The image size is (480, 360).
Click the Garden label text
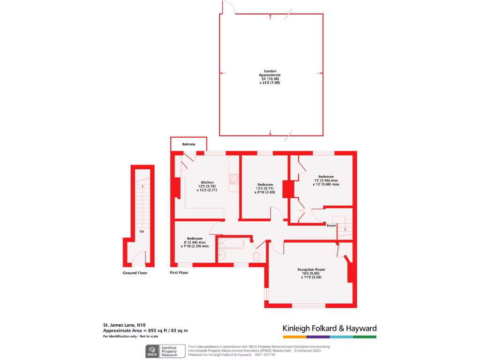pyautogui.click(x=270, y=71)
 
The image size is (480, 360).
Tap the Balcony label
pyautogui.click(x=188, y=144)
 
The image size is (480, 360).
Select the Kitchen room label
pyautogui.click(x=207, y=182)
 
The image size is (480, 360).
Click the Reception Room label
pyautogui.click(x=311, y=270)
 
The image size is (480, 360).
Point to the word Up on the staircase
pyautogui.click(x=142, y=232)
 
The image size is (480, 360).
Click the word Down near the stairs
pyautogui.click(x=331, y=225)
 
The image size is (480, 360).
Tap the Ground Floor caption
pyautogui.click(x=135, y=273)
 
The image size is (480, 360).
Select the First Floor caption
pyautogui.click(x=179, y=272)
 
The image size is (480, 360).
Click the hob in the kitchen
pyautogui.click(x=233, y=179)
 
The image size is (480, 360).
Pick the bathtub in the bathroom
pyautogui.click(x=230, y=244)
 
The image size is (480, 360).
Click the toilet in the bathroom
pyautogui.click(x=256, y=257)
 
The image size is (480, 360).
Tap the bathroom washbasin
pyautogui.click(x=222, y=255)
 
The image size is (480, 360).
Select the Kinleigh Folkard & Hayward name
pyautogui.click(x=329, y=328)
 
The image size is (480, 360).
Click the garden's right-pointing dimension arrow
pyautogui.click(x=320, y=73)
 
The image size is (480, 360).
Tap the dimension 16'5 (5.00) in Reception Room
pyautogui.click(x=311, y=274)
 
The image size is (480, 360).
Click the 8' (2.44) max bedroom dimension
pyautogui.click(x=195, y=242)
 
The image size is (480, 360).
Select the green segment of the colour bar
pyautogui.click(x=365, y=337)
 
